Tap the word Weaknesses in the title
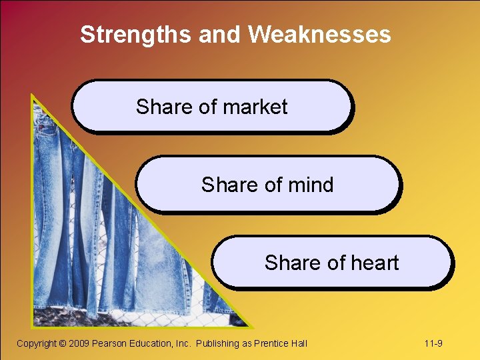coord(321,34)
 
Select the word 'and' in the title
coord(219,34)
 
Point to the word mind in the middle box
coord(309,185)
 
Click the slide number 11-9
coord(433,343)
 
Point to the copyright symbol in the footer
coord(63,343)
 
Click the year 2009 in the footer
coord(79,343)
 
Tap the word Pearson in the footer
coord(109,343)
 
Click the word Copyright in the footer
coord(37,343)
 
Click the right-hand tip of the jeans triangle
coord(252,327)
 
